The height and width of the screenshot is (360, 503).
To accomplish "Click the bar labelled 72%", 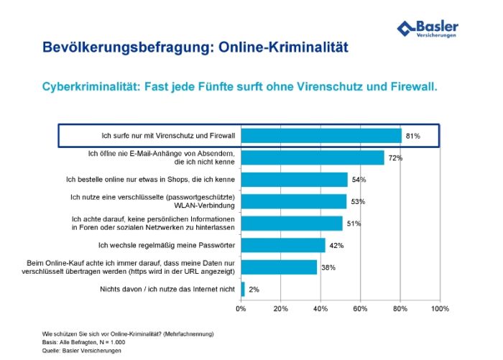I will pos(313,157).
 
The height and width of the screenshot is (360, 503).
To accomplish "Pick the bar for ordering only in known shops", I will pos(295,179).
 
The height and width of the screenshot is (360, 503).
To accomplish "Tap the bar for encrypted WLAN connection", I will pos(293,201).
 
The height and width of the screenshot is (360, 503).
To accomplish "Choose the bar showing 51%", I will pos(291,223).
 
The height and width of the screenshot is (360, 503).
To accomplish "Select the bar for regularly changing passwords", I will pos(282,245).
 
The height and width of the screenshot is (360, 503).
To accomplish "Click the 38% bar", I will pos(278,267).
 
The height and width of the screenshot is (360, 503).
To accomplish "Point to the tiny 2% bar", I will pos(243,289).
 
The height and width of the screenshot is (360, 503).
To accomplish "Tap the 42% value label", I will pos(336,246).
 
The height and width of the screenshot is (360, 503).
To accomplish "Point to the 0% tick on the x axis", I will pos(241,308).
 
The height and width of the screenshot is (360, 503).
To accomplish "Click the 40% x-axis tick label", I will pos(320,308).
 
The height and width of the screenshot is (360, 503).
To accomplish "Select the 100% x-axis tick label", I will pos(439,308).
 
